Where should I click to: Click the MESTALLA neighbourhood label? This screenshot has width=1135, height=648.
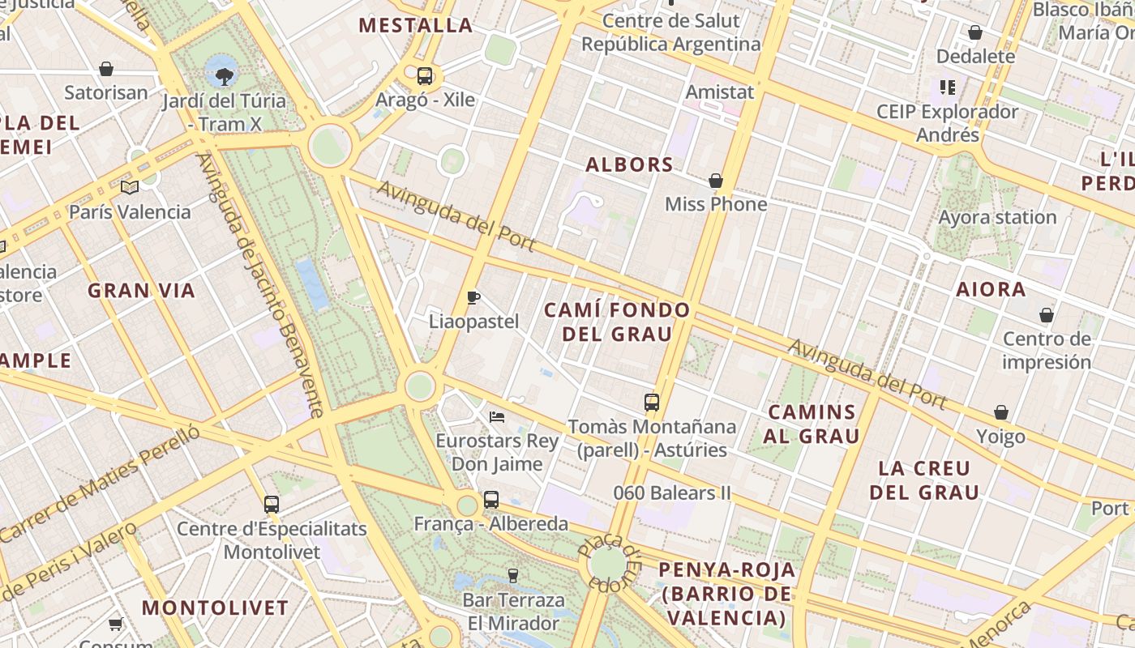[416, 25]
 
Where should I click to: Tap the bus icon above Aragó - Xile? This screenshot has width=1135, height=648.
[425, 76]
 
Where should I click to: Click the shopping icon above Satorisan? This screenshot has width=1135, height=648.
[106, 69]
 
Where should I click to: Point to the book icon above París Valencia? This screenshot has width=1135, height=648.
[130, 187]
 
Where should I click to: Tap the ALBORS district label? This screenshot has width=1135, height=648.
[630, 164]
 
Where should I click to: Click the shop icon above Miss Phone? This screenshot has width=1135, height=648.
[716, 181]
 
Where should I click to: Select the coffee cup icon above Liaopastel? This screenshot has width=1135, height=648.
[474, 297]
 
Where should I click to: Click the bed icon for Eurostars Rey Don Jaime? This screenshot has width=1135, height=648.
[497, 417]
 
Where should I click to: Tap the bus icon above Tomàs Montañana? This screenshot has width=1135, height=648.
[652, 402]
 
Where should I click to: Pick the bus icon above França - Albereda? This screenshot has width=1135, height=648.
[491, 500]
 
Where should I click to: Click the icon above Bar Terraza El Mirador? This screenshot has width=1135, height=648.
[512, 576]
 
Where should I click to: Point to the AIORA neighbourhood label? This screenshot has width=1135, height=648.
[991, 289]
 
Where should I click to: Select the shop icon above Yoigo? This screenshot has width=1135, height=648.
[1001, 413]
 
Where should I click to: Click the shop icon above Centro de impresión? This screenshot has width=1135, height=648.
[1047, 315]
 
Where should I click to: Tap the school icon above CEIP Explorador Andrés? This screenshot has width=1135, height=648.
[948, 87]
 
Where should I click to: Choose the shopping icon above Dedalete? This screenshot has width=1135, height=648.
[975, 32]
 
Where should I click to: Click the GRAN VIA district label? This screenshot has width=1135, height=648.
[142, 291]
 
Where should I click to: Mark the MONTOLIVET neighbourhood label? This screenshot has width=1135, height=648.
[216, 607]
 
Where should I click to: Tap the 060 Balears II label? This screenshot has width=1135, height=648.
[672, 492]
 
